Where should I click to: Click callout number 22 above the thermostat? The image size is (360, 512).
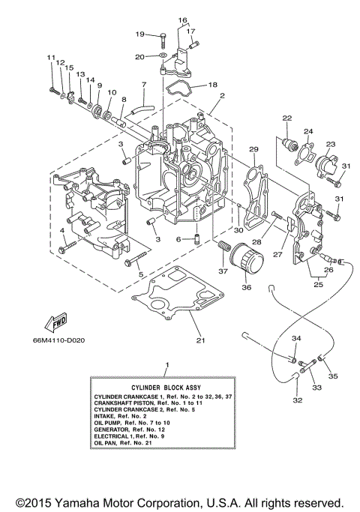(286, 118)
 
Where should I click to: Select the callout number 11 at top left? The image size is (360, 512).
(51, 58)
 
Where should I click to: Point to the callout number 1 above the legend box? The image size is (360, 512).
(166, 365)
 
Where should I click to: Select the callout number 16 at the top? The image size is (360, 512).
(183, 19)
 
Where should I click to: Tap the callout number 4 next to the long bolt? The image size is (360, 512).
(61, 229)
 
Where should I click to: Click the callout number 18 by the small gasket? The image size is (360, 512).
(212, 85)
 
